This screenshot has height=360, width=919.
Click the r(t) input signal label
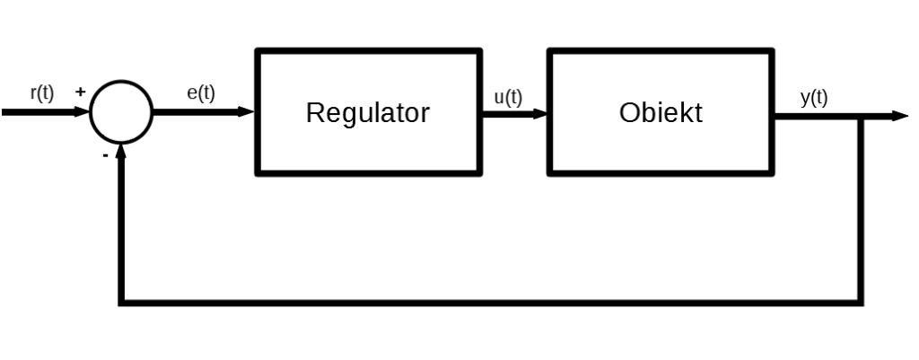click(41, 93)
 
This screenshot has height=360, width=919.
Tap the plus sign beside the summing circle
click(80, 92)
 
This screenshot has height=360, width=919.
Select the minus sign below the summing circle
click(105, 154)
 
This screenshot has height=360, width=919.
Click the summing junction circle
click(121, 112)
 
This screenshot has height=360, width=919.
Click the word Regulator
click(368, 113)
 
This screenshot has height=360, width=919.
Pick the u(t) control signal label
click(508, 98)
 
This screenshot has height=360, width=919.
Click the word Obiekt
click(661, 113)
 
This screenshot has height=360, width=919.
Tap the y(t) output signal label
click(813, 98)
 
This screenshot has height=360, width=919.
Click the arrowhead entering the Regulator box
click(248, 112)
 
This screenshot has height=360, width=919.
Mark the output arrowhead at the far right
click(899, 116)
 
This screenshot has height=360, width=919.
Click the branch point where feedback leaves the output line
click(862, 117)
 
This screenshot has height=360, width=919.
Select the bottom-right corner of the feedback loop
click(862, 303)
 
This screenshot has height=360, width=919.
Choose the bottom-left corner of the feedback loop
click(121, 303)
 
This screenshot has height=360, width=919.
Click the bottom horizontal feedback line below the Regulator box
click(368, 303)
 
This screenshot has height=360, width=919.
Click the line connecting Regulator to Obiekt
click(512, 113)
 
